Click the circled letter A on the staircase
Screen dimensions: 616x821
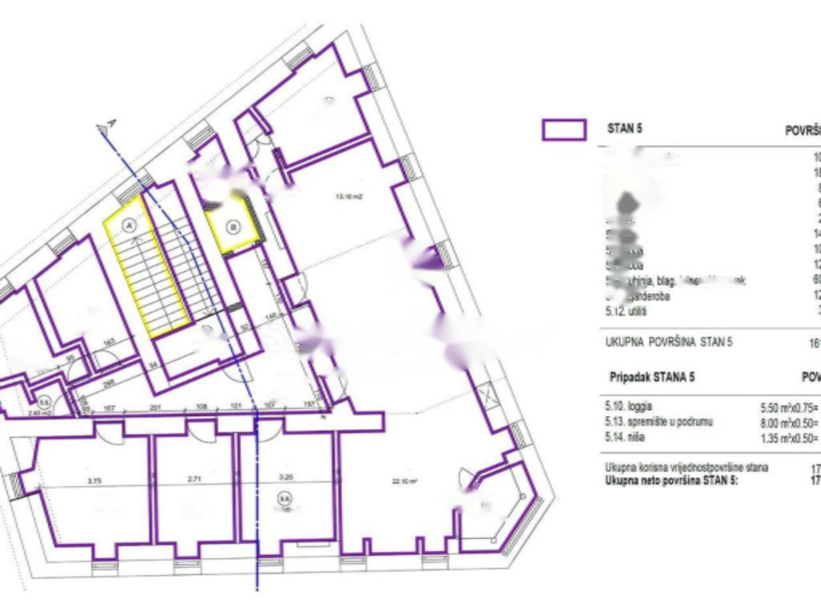click(127, 227)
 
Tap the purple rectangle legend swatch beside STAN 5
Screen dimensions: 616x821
click(564, 129)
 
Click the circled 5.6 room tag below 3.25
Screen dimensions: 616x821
click(283, 498)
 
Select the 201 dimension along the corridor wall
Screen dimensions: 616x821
click(155, 408)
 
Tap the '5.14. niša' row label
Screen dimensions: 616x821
click(626, 438)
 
